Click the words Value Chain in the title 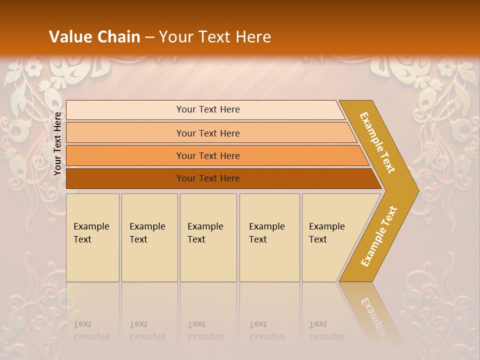(x=94, y=37)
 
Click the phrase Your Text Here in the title (x=215, y=37)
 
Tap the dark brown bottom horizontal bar (x=125, y=178)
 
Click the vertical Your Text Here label (x=57, y=143)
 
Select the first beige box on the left (x=92, y=260)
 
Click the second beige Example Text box (x=149, y=260)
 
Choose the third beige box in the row (x=208, y=260)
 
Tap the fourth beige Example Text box (x=269, y=260)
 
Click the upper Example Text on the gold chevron (x=377, y=142)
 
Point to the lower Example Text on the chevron (x=378, y=236)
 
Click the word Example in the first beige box (x=91, y=226)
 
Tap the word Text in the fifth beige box (x=318, y=239)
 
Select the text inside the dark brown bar (x=208, y=178)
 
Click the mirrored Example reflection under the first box (x=91, y=336)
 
